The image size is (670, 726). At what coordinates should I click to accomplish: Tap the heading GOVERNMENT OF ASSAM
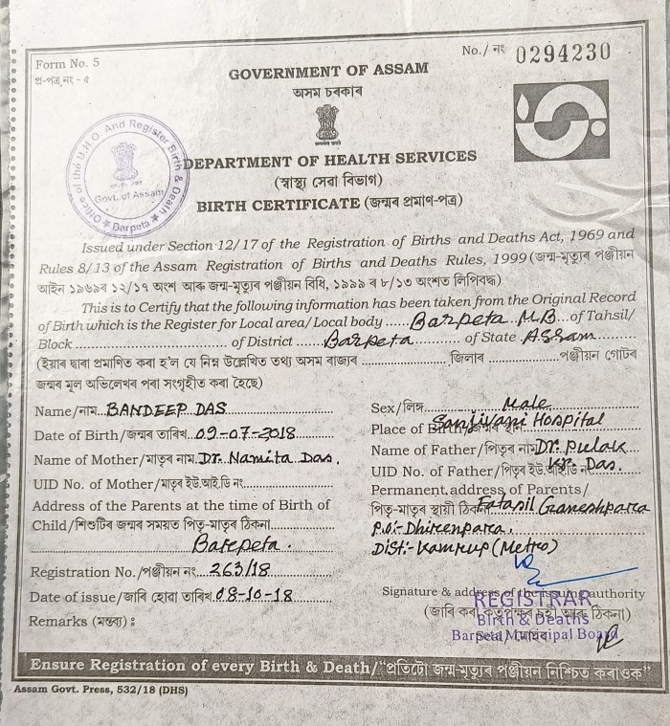(x=328, y=71)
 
